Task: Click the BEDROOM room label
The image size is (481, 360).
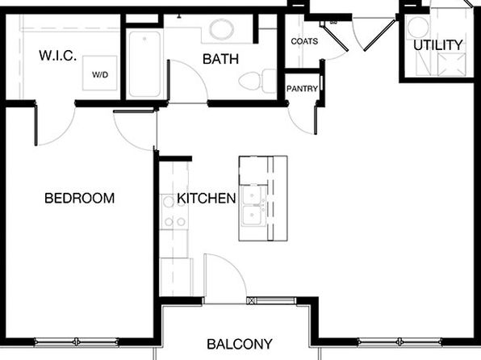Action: coord(79,198)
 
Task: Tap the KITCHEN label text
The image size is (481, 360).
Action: coord(207,199)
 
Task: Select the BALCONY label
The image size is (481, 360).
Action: coord(240,344)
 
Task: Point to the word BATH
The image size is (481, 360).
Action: coord(220,59)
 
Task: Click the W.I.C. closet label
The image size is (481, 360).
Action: coord(57,56)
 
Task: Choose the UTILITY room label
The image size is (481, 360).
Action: coord(437,45)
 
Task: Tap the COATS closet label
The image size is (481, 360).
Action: coord(304,41)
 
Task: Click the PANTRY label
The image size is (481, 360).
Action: coord(302,89)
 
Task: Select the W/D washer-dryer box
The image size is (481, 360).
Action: coord(100,73)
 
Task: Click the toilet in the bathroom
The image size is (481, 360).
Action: coord(257,82)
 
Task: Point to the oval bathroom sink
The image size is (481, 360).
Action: coord(222,30)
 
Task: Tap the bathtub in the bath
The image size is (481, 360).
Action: coord(144,64)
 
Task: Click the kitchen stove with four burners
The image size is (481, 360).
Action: coord(174,211)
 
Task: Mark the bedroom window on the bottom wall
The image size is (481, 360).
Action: coord(77,341)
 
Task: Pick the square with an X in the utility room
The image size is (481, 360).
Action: coord(451,65)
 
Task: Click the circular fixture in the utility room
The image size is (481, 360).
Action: coord(417,27)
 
